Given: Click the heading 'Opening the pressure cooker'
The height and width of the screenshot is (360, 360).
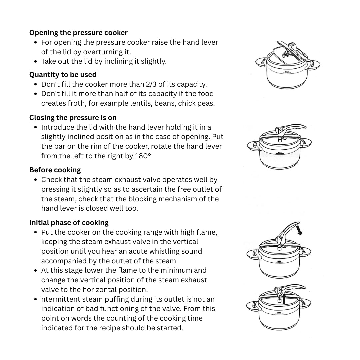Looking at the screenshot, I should click(78, 33).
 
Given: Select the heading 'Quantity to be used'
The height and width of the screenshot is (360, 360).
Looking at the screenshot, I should click(63, 75).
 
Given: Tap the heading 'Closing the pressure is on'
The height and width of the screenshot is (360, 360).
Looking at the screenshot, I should click(73, 118).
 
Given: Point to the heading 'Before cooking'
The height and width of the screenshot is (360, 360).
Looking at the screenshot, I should click(55, 170).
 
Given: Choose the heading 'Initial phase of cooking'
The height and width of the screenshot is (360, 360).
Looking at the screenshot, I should click(69, 223).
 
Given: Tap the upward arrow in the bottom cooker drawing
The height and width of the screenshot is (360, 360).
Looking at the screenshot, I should click(284, 299).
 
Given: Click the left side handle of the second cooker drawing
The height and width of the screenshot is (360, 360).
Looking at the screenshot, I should click(254, 146).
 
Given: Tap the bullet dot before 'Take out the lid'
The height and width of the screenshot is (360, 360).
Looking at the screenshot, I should click(36, 62).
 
